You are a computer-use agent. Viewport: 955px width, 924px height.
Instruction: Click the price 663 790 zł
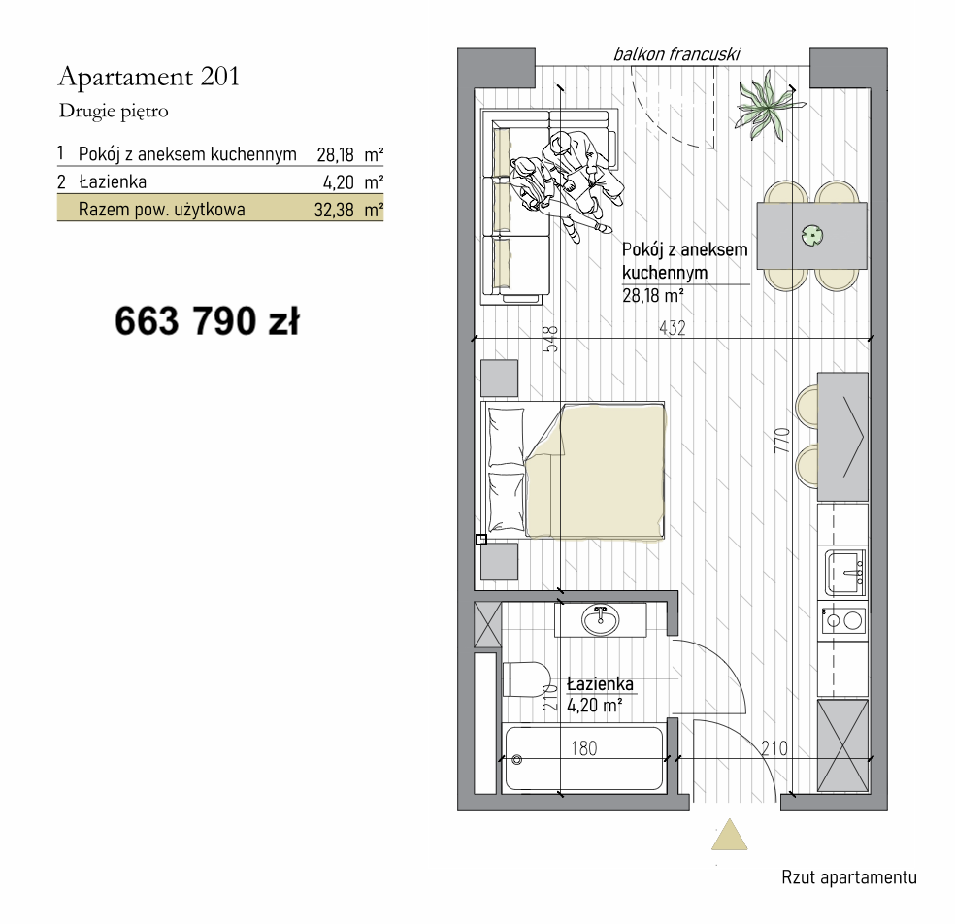(x=207, y=321)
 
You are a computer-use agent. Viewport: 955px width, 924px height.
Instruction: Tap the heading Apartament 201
(x=148, y=78)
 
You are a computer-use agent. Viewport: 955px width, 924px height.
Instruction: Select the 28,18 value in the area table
(x=335, y=154)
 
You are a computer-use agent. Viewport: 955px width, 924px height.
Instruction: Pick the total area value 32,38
(x=334, y=211)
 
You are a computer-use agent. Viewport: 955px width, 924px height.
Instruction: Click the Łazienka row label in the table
(x=113, y=182)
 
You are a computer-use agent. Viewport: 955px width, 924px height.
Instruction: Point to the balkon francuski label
(x=676, y=54)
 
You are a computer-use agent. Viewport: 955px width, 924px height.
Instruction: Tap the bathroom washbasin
(x=601, y=620)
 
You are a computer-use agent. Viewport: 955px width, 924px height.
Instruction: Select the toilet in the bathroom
(x=526, y=679)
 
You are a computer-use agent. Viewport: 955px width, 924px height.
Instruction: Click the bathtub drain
(x=517, y=760)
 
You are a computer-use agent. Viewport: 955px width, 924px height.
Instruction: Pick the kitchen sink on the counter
(x=844, y=572)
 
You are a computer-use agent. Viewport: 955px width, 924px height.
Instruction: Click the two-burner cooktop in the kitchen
(x=843, y=621)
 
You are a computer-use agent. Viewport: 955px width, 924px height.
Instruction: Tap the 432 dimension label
(x=673, y=328)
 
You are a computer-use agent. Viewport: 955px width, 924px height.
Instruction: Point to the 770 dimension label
(x=782, y=441)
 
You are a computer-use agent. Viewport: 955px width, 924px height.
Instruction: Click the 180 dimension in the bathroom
(x=584, y=748)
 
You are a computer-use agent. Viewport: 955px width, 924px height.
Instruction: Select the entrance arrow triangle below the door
(x=729, y=835)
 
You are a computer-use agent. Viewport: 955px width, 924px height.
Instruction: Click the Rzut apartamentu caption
(x=849, y=877)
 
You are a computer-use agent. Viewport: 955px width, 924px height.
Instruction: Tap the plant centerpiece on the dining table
(x=812, y=235)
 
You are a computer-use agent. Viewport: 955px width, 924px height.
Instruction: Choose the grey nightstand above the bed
(x=500, y=379)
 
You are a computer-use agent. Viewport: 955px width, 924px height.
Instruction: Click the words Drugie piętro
(x=114, y=112)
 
